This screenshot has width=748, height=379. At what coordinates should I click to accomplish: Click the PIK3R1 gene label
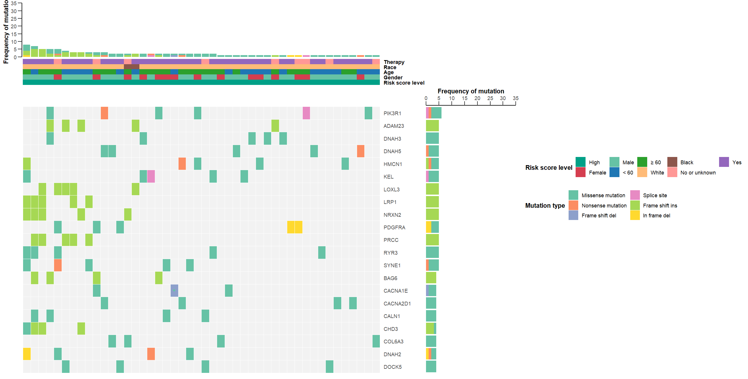pyautogui.click(x=392, y=113)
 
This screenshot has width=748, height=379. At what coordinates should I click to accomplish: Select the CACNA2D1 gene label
pyautogui.click(x=397, y=303)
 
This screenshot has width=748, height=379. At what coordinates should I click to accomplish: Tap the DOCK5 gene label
pyautogui.click(x=392, y=367)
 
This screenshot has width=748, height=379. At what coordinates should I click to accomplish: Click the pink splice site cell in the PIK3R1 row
pyautogui.click(x=306, y=113)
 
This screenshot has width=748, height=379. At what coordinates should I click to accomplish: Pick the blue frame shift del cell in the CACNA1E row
pyautogui.click(x=174, y=291)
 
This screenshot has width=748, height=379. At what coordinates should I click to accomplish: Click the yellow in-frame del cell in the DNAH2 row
pyautogui.click(x=27, y=354)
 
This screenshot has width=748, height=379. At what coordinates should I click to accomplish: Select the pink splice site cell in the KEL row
pyautogui.click(x=151, y=177)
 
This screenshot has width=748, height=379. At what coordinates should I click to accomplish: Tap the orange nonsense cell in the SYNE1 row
pyautogui.click(x=58, y=265)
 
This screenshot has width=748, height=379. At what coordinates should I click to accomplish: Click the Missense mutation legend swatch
pyautogui.click(x=573, y=195)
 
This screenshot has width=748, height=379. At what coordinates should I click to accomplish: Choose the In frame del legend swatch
pyautogui.click(x=635, y=215)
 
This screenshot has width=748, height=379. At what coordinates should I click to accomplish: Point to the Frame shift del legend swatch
pyautogui.click(x=573, y=215)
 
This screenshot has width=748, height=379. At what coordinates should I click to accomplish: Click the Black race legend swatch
pyautogui.click(x=672, y=162)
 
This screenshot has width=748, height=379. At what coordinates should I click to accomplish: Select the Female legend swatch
pyautogui.click(x=580, y=172)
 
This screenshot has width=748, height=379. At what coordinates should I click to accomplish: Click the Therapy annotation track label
pyautogui.click(x=394, y=62)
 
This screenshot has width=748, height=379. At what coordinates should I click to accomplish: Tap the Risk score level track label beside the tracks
pyautogui.click(x=404, y=83)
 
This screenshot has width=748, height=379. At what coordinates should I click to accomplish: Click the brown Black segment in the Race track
pyautogui.click(x=131, y=67)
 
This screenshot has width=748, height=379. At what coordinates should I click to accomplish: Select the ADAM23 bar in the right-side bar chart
pyautogui.click(x=432, y=126)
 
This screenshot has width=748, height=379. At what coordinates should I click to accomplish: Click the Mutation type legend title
pyautogui.click(x=545, y=205)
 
